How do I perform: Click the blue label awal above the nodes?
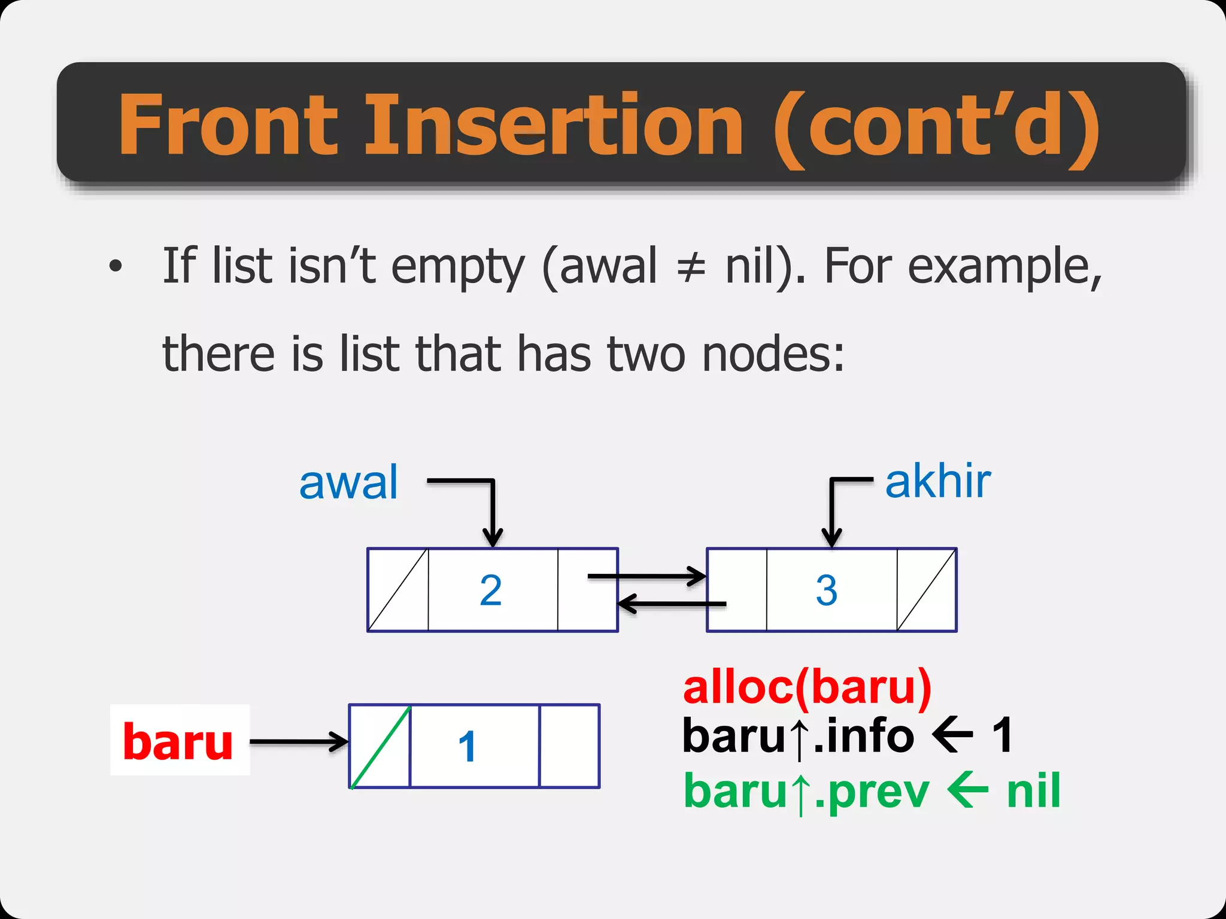coord(348,482)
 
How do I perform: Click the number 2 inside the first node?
coord(491,590)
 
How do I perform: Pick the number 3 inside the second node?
coord(826,590)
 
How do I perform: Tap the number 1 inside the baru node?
coord(467,747)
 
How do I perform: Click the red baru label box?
coord(179,741)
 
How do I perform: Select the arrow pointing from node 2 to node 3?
coord(647,577)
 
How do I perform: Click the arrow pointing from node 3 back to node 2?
coord(670,603)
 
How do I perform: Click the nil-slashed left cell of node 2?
coord(397,590)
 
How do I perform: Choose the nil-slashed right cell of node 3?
coord(926,590)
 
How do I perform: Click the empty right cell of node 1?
coord(569,746)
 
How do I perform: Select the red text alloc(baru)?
coord(807,688)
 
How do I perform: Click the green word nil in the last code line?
coord(1033,791)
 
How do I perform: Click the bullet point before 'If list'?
coord(116,266)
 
